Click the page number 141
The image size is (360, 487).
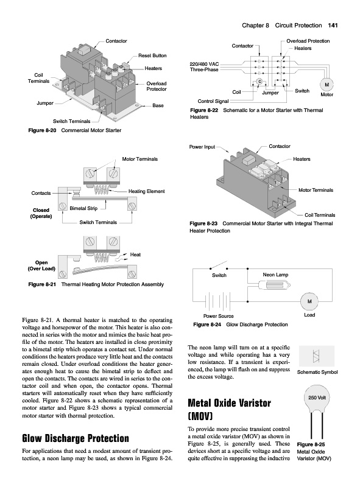(x=333, y=26)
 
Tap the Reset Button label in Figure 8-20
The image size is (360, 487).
(x=152, y=55)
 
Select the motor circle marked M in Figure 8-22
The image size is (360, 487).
(x=326, y=85)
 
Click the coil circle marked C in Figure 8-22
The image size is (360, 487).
(x=259, y=82)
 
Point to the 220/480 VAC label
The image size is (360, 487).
(x=204, y=64)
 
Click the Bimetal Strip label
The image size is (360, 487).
(x=83, y=208)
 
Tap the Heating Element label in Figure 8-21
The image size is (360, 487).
(x=146, y=191)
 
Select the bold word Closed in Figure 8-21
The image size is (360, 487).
(x=41, y=210)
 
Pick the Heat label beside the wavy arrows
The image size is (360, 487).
(x=135, y=254)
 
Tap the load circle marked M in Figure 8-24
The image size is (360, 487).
(x=309, y=301)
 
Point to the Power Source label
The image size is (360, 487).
(x=218, y=316)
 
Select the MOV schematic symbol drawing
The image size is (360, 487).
(x=317, y=356)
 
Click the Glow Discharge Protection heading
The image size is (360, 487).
(x=76, y=438)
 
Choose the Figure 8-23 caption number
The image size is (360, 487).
(x=203, y=223)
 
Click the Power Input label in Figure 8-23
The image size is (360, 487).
(x=202, y=147)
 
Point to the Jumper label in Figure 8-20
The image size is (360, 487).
(x=45, y=103)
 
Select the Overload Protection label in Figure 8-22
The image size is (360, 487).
(x=308, y=41)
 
